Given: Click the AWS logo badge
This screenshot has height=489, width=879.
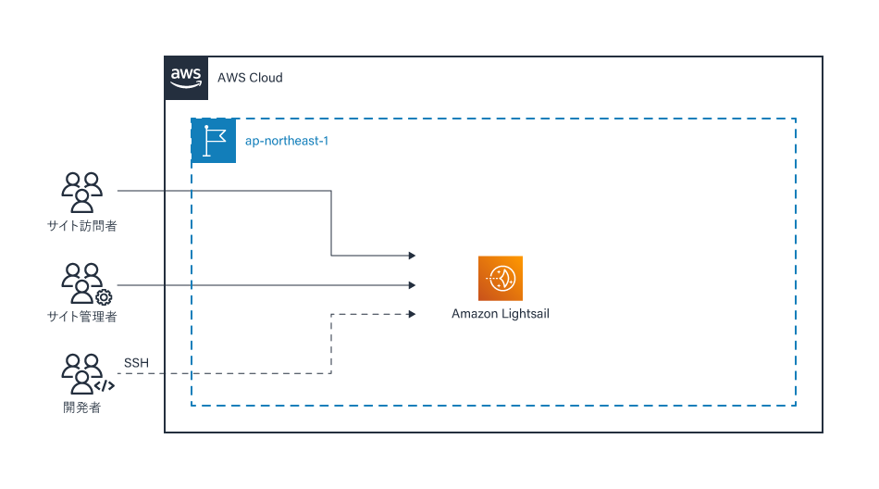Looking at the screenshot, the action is pyautogui.click(x=186, y=78).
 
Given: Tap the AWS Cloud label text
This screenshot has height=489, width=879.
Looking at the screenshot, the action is pyautogui.click(x=250, y=78).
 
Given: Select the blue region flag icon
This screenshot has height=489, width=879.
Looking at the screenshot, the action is pyautogui.click(x=214, y=141).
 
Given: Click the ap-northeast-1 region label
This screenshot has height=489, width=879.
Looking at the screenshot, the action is pyautogui.click(x=287, y=141).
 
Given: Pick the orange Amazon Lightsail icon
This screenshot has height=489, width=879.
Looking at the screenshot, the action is pyautogui.click(x=501, y=279).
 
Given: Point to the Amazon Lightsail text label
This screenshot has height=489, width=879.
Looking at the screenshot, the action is pyautogui.click(x=501, y=314).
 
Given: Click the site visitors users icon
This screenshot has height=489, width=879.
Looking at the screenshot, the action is pyautogui.click(x=81, y=193).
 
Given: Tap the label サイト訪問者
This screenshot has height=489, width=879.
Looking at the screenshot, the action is pyautogui.click(x=81, y=226).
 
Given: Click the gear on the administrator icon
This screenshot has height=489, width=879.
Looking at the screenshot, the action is pyautogui.click(x=104, y=297).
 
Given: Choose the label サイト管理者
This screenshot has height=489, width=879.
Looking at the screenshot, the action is pyautogui.click(x=81, y=317).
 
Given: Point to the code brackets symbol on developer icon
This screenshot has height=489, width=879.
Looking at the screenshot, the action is pyautogui.click(x=105, y=385).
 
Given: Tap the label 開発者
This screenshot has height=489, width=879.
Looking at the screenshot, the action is pyautogui.click(x=81, y=407).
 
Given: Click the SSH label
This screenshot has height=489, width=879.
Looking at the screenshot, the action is pyautogui.click(x=136, y=363).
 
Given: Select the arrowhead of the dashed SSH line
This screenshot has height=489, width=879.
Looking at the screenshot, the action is pyautogui.click(x=412, y=314).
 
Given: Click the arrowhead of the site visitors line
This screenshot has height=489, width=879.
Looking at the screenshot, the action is pyautogui.click(x=412, y=256).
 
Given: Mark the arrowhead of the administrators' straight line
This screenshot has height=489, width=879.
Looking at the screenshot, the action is pyautogui.click(x=412, y=285).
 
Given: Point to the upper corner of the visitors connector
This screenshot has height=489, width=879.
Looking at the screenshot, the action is pyautogui.click(x=331, y=191).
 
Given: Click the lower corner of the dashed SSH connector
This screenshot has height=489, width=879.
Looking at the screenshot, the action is pyautogui.click(x=331, y=373).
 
